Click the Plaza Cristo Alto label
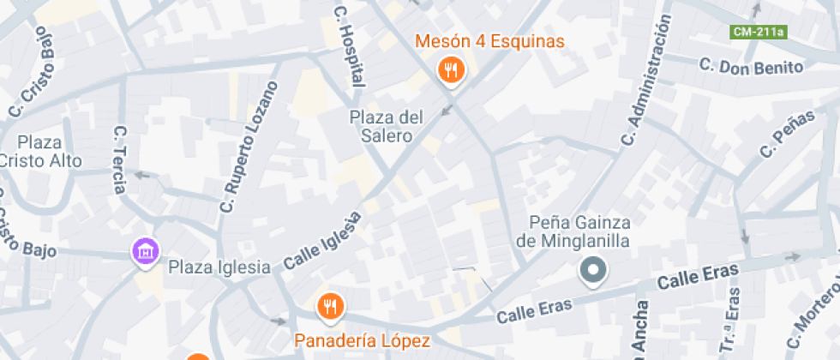tap(41, 151)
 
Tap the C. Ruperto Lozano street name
tap(249, 146)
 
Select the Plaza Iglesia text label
tap(219, 267)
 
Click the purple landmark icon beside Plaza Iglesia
tap(146, 251)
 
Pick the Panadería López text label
tap(362, 340)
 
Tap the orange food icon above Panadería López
tap(329, 305)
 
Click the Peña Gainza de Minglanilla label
tap(573, 231)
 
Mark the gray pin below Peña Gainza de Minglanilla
tap(592, 272)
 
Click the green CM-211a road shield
tap(758, 33)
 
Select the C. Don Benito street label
tap(751, 67)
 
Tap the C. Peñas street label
tap(786, 135)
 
